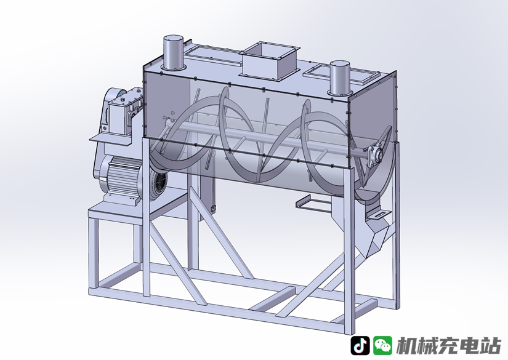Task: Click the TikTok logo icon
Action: (x=360, y=345)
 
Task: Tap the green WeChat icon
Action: (x=382, y=345)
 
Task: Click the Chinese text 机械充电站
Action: (x=449, y=346)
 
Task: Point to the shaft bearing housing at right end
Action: (x=375, y=154)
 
